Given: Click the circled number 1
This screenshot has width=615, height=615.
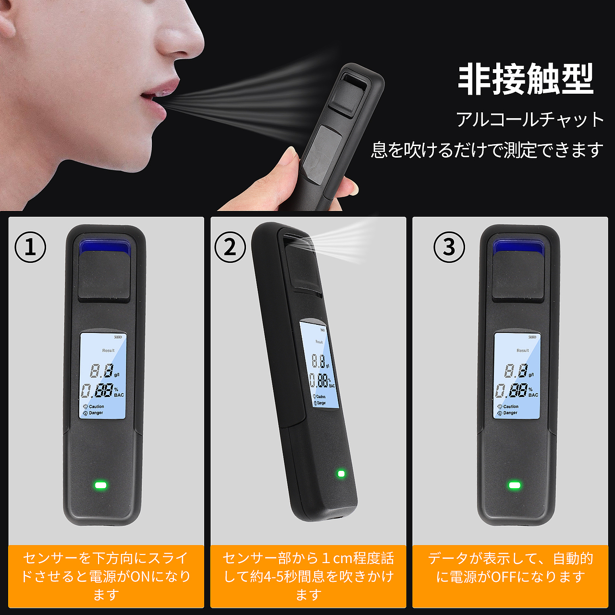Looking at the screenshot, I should pos(30,247).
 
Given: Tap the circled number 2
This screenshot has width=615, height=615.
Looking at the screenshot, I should pos(230,247).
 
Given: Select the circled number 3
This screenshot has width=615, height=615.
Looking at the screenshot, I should pos(449,247).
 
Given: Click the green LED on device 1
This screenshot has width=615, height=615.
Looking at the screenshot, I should pos(101,485).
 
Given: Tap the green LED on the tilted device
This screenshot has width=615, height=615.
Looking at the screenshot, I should pos(341,474).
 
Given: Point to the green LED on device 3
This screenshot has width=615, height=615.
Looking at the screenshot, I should pos(515,485).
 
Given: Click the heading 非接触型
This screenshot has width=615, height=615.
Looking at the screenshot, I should pos(526,80).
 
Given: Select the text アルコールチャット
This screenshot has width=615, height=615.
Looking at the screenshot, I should pos(530,120).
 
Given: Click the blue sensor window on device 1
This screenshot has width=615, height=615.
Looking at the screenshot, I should pos(104,247).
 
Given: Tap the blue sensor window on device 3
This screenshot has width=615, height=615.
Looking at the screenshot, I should pos(518,247).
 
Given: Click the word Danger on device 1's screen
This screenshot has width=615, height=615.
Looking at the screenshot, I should pos(96,413).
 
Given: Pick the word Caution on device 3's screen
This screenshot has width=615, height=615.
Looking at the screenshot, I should pos(511,406).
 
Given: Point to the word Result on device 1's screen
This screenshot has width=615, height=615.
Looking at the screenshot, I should pos(108,350).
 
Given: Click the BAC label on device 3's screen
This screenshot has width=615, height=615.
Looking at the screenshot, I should pos(533,395).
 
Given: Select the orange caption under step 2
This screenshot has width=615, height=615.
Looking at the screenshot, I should pos(308,576).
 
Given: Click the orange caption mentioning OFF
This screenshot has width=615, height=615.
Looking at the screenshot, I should pos(510,567).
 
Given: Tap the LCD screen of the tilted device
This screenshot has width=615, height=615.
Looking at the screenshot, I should pos(319,365).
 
